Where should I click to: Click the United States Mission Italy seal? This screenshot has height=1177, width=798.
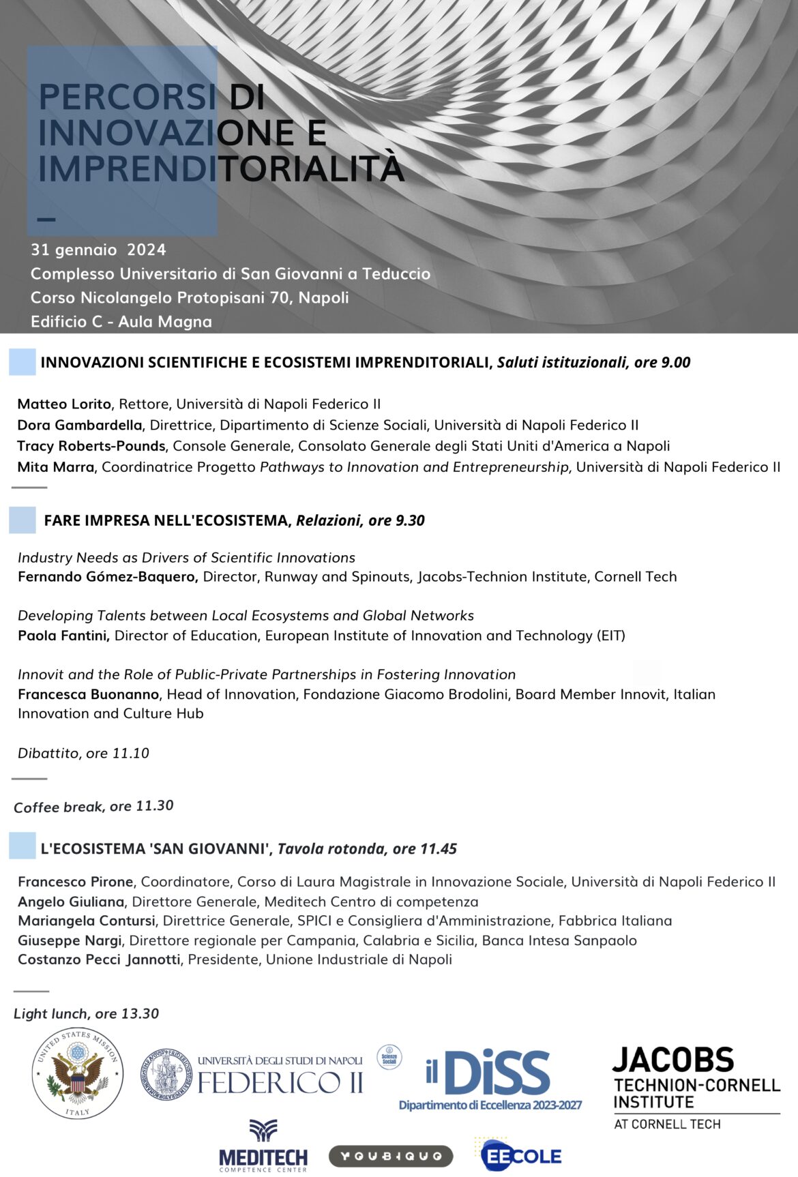click(x=78, y=1073)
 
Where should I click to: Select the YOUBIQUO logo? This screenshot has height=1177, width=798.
click(x=391, y=1156)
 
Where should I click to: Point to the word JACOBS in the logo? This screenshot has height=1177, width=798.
click(x=673, y=1060)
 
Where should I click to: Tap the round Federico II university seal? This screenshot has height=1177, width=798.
click(x=166, y=1074)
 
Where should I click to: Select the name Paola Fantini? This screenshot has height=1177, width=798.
click(x=63, y=636)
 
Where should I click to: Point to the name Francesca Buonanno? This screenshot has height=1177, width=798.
click(x=89, y=694)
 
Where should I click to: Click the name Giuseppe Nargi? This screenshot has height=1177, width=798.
click(x=70, y=940)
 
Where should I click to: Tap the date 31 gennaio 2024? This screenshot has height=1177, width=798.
click(x=98, y=250)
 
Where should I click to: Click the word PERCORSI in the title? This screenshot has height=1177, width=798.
click(x=128, y=97)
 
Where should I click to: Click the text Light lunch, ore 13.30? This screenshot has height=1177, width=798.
click(x=86, y=1014)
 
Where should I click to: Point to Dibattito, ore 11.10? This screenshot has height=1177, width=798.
click(x=83, y=754)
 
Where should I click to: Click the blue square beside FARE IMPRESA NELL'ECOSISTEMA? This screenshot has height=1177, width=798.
click(x=23, y=520)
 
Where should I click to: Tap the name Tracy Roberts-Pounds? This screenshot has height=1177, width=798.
click(x=91, y=446)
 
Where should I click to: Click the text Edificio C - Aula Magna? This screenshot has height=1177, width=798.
click(x=121, y=321)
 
